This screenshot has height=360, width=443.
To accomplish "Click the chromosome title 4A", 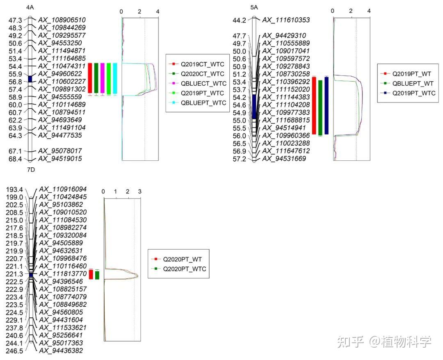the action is (30, 7).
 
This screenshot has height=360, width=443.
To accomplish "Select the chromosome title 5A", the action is (254, 7).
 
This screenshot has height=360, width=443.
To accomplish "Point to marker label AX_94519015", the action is (60, 159).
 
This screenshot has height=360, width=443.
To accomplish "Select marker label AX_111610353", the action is (286, 20).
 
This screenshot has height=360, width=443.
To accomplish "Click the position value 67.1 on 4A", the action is (16, 151).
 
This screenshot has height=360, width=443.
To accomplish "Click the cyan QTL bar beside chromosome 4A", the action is (115, 78).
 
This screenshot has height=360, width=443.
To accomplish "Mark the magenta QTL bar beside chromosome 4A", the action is (103, 78).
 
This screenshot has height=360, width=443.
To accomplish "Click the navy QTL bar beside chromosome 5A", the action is (327, 105).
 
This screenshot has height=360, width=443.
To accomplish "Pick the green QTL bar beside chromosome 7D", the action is (97, 275).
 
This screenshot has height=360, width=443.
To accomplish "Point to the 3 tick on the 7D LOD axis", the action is (140, 192).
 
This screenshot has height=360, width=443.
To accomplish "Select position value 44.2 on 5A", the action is (239, 20).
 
